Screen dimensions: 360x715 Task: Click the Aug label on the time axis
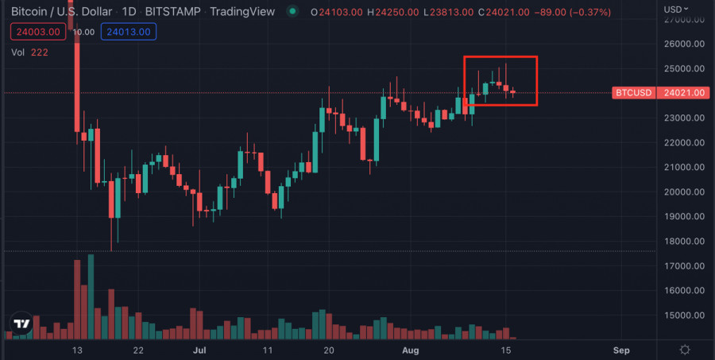(410, 350)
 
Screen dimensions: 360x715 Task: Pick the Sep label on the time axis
(622, 350)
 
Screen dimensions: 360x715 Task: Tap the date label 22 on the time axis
(138, 350)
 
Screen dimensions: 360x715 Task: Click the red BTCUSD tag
(633, 93)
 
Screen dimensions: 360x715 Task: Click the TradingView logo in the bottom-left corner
(21, 324)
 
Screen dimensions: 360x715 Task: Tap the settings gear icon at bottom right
(684, 350)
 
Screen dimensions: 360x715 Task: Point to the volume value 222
(40, 52)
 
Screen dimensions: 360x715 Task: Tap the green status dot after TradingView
(293, 12)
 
